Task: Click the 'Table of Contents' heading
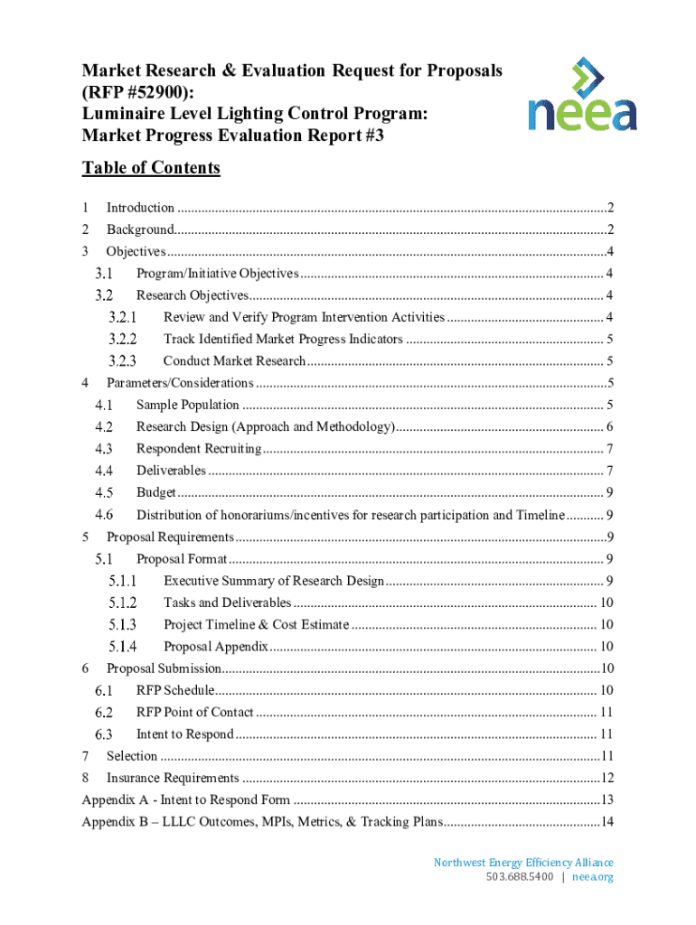pos(151,168)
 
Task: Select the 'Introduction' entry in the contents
pos(140,208)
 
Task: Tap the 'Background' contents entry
pos(140,229)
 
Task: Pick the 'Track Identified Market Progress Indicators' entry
pos(283,340)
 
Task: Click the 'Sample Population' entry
pos(188,405)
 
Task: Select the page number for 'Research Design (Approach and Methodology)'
pos(611,427)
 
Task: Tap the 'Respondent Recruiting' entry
pos(199,449)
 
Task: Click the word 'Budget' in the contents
pos(155,492)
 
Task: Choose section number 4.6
pos(104,515)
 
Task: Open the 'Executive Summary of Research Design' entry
pos(274,581)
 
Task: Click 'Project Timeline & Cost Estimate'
pos(256,624)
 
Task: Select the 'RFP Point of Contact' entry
pos(194,712)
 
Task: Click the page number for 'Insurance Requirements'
pos(607,778)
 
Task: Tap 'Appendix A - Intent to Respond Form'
pos(185,799)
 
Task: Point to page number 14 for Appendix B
pos(607,821)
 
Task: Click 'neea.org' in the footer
pos(593,877)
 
